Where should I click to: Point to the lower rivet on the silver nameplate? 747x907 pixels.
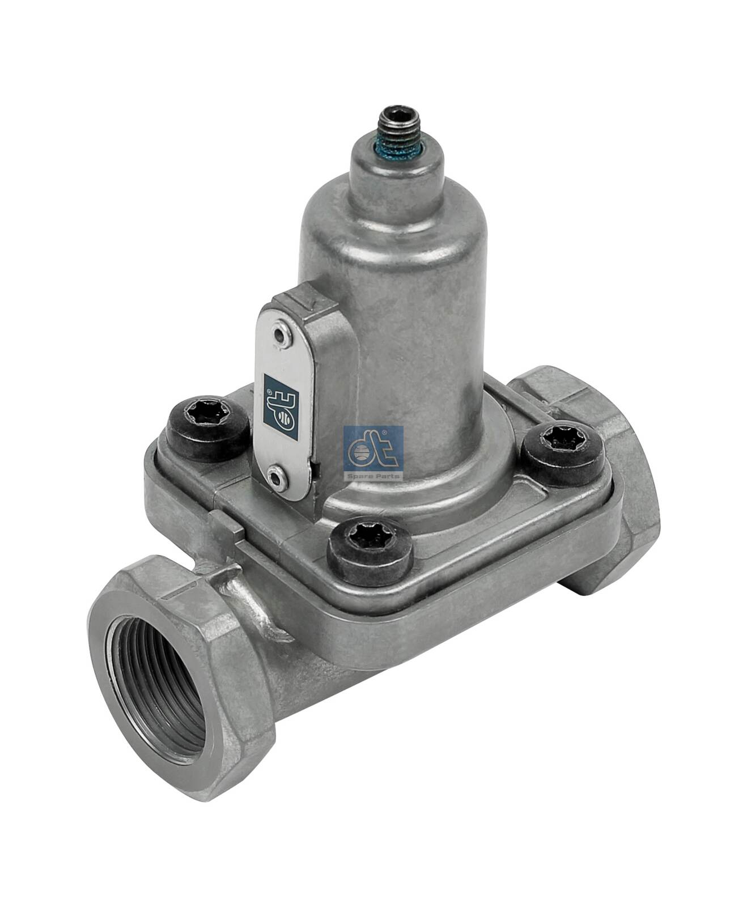276,480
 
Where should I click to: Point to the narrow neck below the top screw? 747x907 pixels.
395,170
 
